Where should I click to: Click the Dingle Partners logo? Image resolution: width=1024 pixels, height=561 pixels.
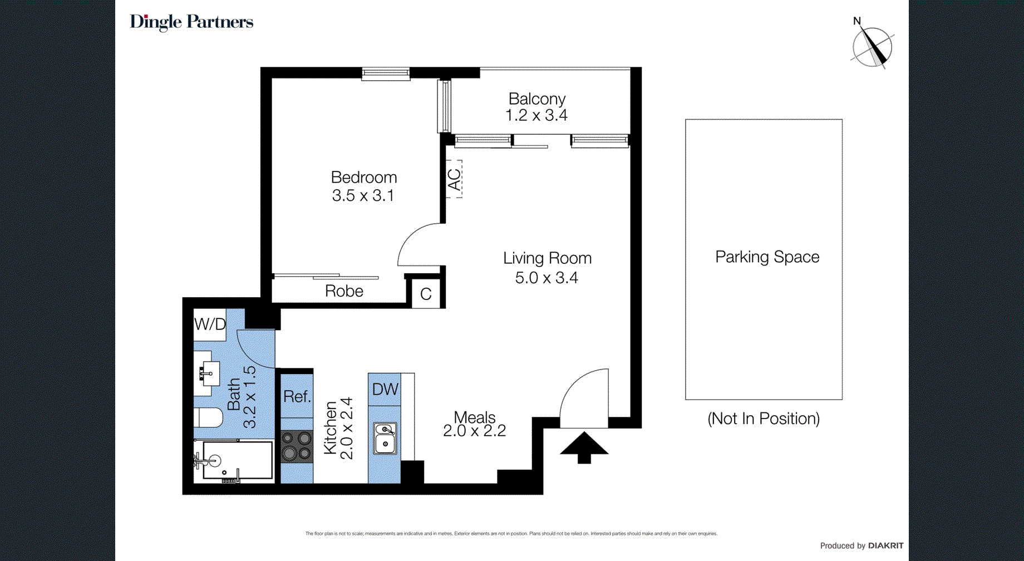[x=191, y=22]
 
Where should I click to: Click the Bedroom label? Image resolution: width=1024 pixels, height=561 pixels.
[x=364, y=178]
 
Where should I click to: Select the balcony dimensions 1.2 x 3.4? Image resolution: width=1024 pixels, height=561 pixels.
[x=536, y=115]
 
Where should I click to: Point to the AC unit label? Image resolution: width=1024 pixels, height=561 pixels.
[x=454, y=179]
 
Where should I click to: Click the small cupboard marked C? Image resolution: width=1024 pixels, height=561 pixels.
[x=426, y=294]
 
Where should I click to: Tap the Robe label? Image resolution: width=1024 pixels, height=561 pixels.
[x=344, y=291]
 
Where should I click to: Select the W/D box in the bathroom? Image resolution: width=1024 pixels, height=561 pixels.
[x=210, y=324]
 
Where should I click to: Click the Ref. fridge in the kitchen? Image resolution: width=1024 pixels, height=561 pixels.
[x=297, y=396]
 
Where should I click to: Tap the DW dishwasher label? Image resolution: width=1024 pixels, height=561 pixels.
[x=385, y=389]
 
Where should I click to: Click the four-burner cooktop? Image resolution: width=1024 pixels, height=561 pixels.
[x=296, y=446]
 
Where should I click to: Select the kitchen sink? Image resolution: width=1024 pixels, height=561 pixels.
[x=385, y=438]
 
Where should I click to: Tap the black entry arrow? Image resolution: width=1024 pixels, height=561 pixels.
[x=584, y=447]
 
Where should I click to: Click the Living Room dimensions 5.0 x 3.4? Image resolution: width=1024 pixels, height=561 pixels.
[x=547, y=278]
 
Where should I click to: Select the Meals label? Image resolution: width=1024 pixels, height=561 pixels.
[x=475, y=417]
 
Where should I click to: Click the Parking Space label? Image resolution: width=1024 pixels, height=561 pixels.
[x=767, y=257]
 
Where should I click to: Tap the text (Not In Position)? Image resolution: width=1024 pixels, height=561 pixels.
[x=764, y=419]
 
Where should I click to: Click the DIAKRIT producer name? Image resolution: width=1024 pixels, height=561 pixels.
[x=885, y=545]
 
